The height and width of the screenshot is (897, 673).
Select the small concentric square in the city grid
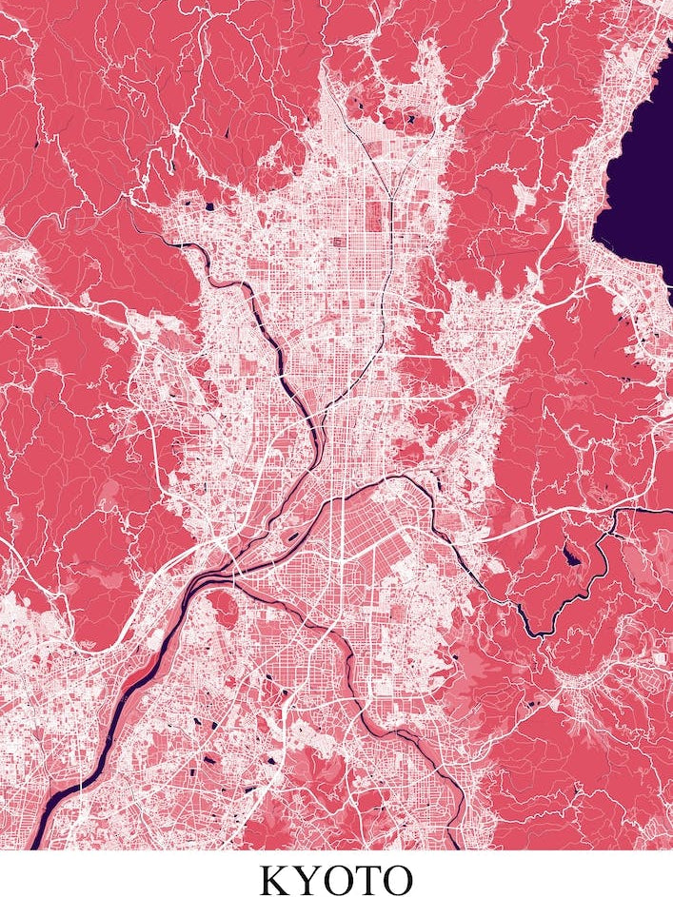click(337, 242)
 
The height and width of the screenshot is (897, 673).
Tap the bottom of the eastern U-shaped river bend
click(543, 632)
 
